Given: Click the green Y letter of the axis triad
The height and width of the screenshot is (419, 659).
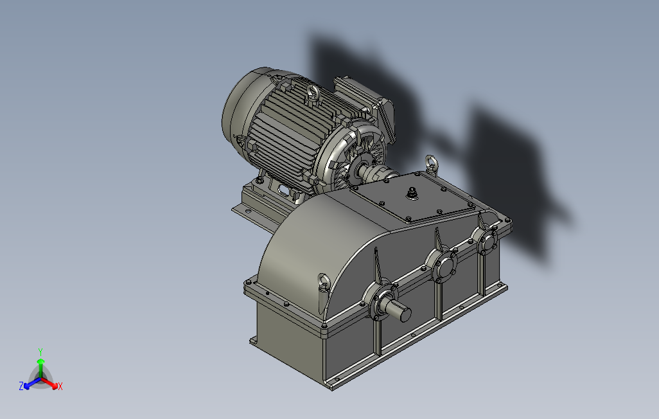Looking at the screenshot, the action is (40, 352).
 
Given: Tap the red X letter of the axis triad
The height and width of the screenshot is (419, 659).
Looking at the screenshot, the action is (60, 386).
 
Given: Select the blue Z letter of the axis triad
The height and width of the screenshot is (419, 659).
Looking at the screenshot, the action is (21, 386).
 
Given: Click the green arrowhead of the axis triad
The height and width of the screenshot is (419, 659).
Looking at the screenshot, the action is (40, 361).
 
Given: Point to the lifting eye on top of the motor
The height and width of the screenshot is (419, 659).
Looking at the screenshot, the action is (312, 92).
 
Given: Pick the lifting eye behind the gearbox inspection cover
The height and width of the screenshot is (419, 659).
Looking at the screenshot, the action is (431, 163).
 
